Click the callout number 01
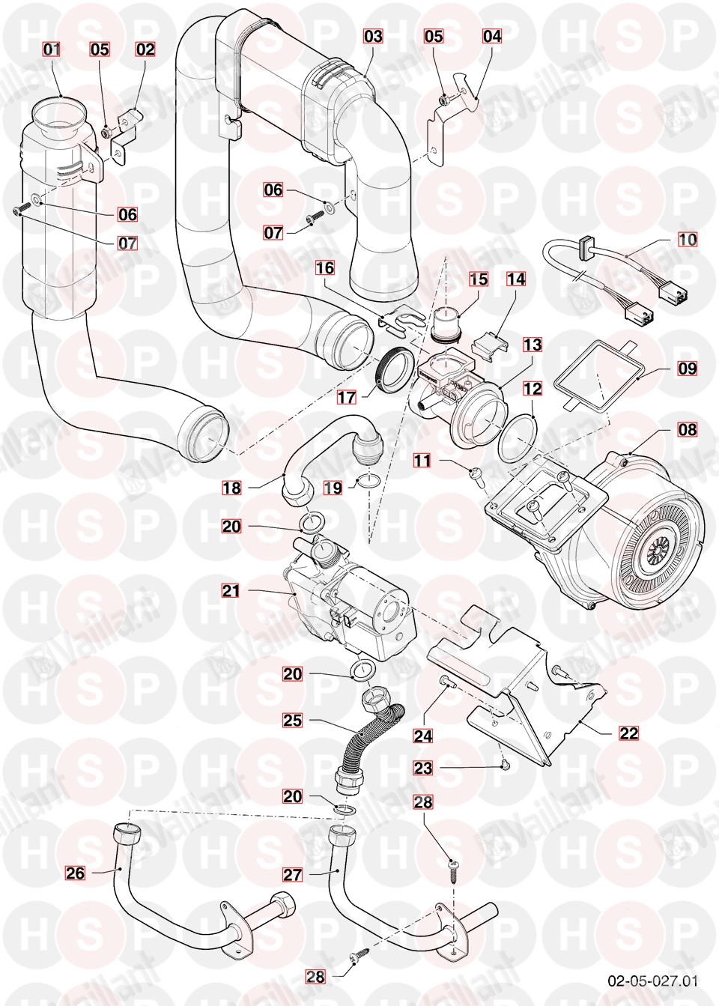52,49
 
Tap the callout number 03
373,36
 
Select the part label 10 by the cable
687,240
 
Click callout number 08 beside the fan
687,429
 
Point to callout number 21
231,591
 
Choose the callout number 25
293,720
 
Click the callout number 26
76,873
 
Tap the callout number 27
293,874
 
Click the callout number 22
629,733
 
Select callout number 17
347,396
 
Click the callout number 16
325,267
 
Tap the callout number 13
533,345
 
